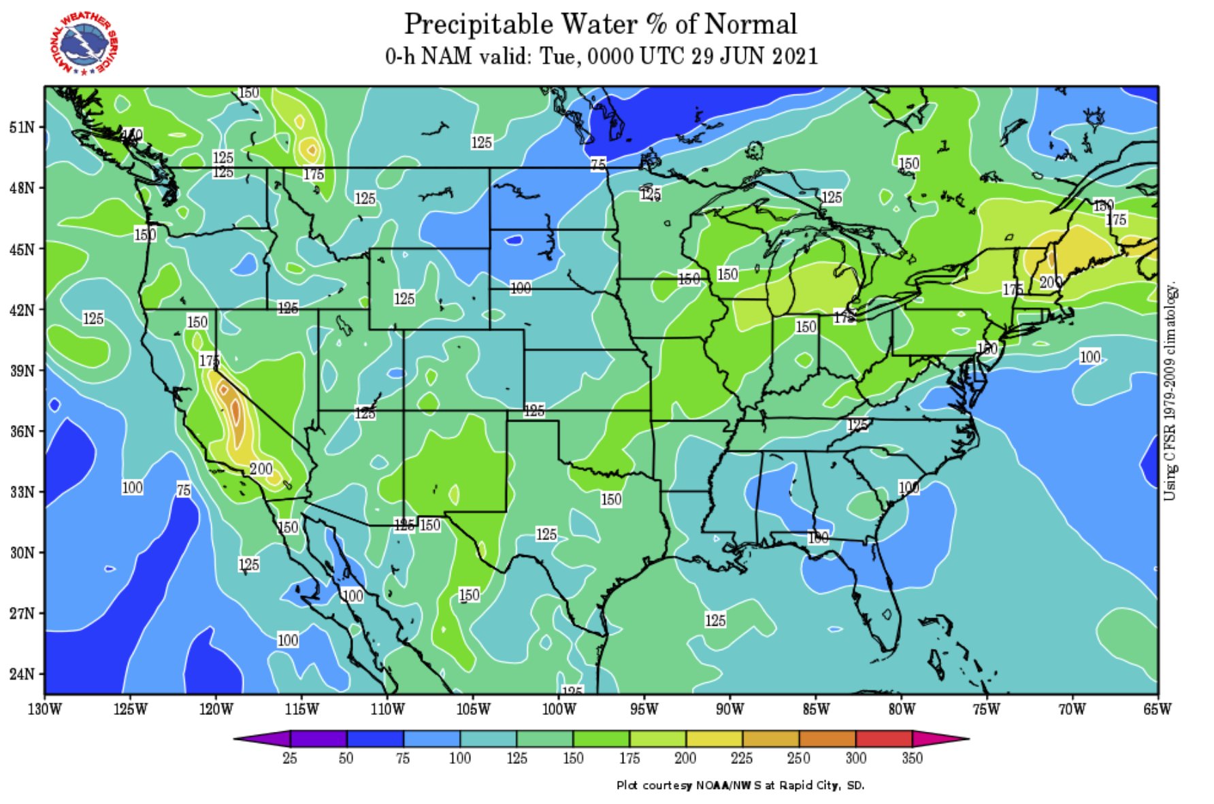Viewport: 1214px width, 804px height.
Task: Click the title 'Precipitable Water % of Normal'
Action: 600,24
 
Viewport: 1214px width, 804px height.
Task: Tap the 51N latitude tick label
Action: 22,127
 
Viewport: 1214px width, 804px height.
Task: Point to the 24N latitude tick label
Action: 22,674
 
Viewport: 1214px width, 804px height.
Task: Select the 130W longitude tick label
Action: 45,709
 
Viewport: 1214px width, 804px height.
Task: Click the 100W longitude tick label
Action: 559,709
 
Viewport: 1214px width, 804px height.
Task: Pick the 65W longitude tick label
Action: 1157,709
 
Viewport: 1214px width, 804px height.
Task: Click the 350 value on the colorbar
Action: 912,758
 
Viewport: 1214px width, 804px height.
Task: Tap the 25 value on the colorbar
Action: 290,758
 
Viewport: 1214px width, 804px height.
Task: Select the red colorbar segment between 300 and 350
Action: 883,739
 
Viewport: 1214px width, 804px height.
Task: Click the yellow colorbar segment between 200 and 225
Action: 714,739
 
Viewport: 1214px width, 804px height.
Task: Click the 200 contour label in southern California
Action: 261,469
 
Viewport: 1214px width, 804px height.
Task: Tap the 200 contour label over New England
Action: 1050,282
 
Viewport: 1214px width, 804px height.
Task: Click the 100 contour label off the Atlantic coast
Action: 1090,356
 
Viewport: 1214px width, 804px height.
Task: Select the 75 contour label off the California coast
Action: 184,490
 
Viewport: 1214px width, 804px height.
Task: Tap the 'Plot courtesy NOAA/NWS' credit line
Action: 740,785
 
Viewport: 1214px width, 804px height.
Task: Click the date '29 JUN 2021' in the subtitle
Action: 755,56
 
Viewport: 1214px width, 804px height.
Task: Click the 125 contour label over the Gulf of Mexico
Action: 715,620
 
